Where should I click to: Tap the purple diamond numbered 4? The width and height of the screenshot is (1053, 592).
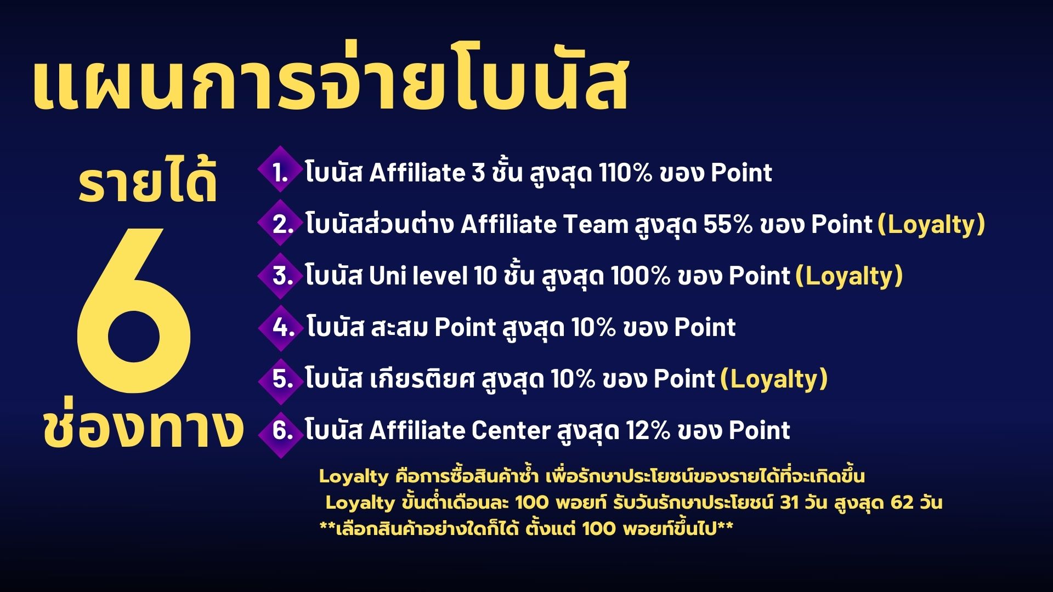pos(280,328)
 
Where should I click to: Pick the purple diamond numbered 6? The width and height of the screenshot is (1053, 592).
pos(280,430)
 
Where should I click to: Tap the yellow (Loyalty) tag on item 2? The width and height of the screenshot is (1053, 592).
pos(931,225)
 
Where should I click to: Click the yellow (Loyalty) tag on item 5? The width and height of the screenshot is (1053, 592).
pos(774,379)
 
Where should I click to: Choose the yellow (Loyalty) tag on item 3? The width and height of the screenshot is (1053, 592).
pos(849,276)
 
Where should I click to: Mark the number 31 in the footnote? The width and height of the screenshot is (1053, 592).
pos(789,503)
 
